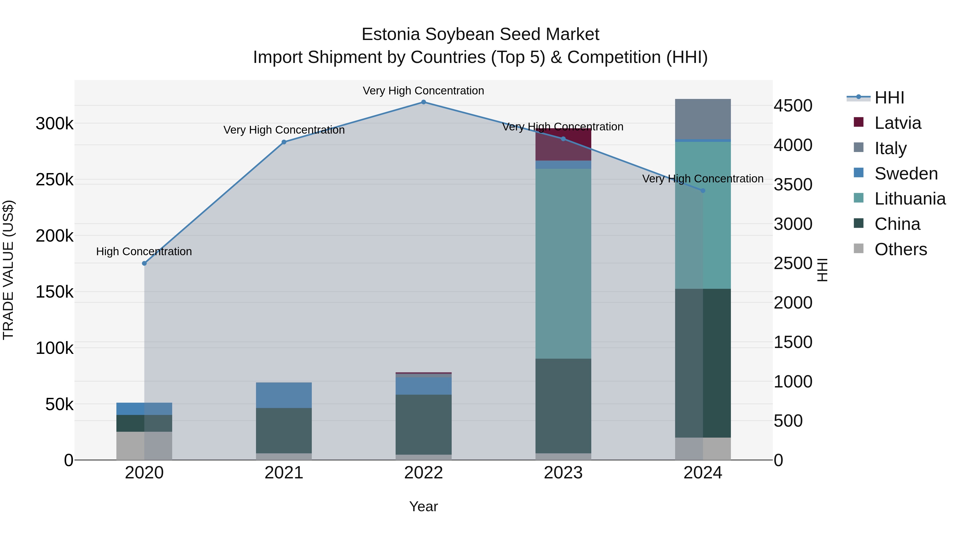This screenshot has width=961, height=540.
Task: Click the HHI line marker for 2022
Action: (423, 102)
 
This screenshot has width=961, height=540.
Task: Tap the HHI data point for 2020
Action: (144, 263)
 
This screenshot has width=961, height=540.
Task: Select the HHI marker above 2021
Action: (284, 142)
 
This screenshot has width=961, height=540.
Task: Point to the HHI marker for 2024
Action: (703, 190)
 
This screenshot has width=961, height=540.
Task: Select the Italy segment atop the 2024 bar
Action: (703, 119)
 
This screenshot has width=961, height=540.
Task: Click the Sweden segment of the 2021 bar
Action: (284, 395)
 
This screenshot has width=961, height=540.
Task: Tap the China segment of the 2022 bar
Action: (423, 425)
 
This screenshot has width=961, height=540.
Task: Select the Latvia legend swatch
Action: (858, 123)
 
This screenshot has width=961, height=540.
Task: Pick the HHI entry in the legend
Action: (889, 98)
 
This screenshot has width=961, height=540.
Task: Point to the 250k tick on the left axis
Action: (54, 180)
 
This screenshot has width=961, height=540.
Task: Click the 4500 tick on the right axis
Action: (793, 106)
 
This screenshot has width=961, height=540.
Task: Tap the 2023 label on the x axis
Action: (563, 473)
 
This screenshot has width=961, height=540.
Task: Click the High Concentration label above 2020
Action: (144, 251)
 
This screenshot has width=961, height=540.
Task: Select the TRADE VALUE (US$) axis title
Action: (8, 270)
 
